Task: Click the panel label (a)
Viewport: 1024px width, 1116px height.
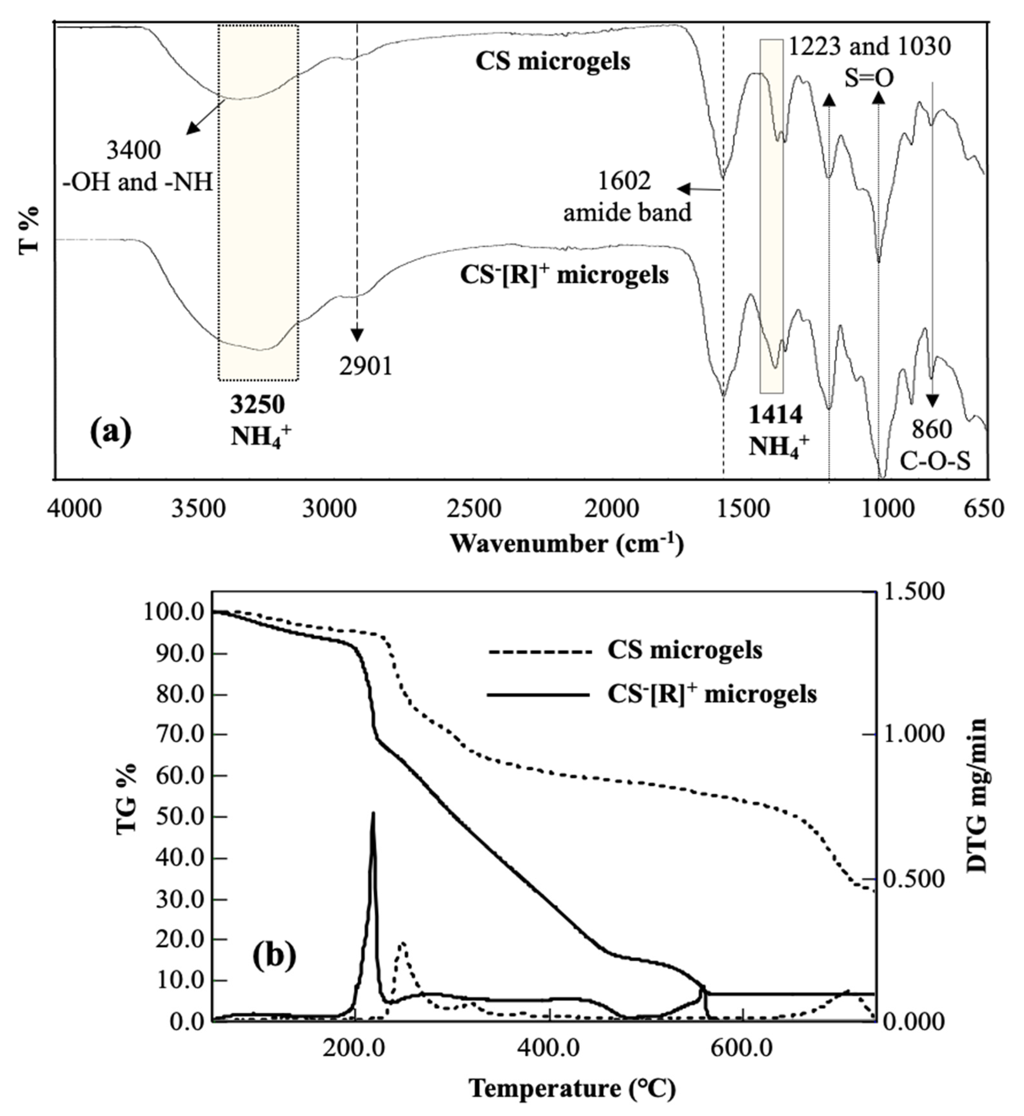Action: pos(111,433)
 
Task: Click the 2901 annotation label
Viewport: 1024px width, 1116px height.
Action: pos(366,366)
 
